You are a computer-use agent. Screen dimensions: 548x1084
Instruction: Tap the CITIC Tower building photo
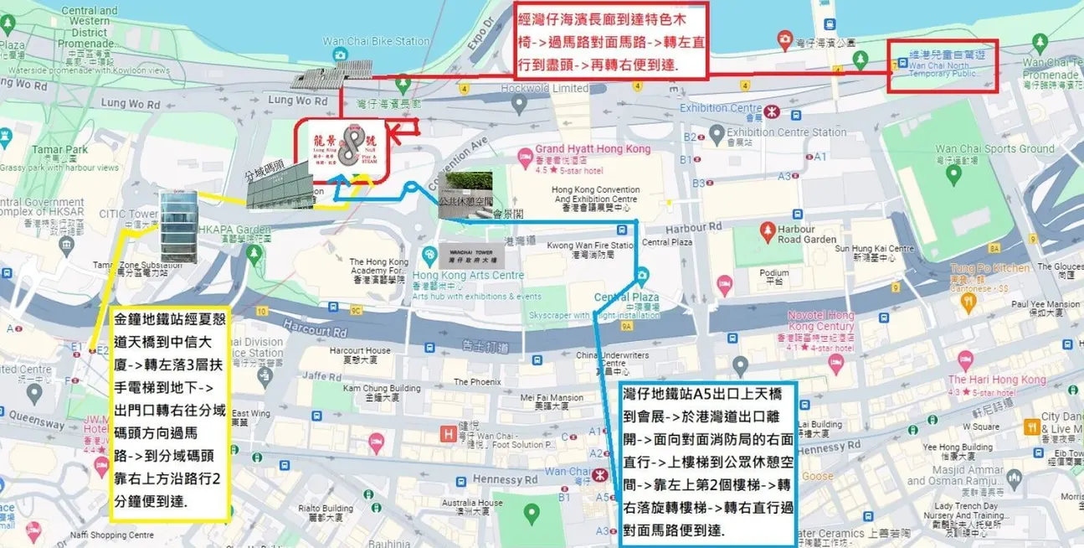coord(179,226)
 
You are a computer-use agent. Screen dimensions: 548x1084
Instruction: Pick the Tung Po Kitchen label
coord(989,269)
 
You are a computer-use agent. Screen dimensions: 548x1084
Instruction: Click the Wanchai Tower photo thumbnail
coord(463,254)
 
